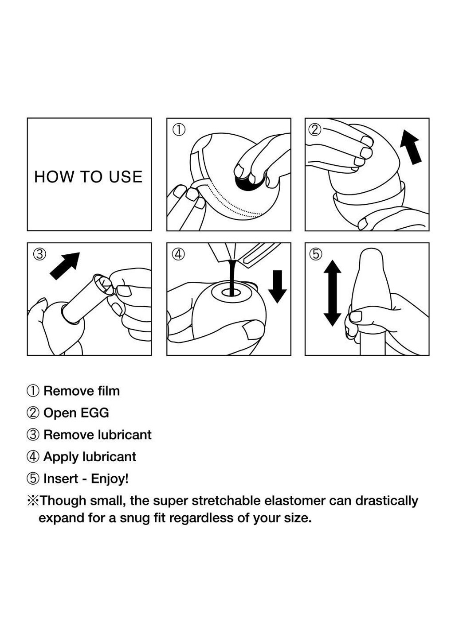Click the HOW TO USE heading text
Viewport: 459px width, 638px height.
88,177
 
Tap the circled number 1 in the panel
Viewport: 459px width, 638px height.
179,130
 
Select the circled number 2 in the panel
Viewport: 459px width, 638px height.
314,130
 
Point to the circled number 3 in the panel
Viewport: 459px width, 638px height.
39,254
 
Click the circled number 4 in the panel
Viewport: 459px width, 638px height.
178,254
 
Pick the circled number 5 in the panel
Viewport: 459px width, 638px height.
316,254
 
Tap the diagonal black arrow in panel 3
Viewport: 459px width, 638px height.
65,265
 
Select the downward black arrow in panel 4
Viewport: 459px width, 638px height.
278,286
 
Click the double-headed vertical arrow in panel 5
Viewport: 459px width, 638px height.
332,293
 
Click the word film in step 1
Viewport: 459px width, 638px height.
109,391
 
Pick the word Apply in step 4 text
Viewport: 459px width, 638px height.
61,457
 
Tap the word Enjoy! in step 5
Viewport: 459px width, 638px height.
110,478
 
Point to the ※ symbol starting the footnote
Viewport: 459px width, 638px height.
33,501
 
